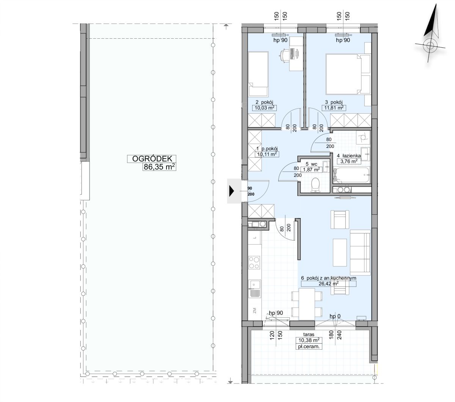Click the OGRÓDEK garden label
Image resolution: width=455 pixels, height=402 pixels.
click(x=152, y=159)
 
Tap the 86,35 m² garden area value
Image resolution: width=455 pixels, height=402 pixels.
click(x=159, y=167)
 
